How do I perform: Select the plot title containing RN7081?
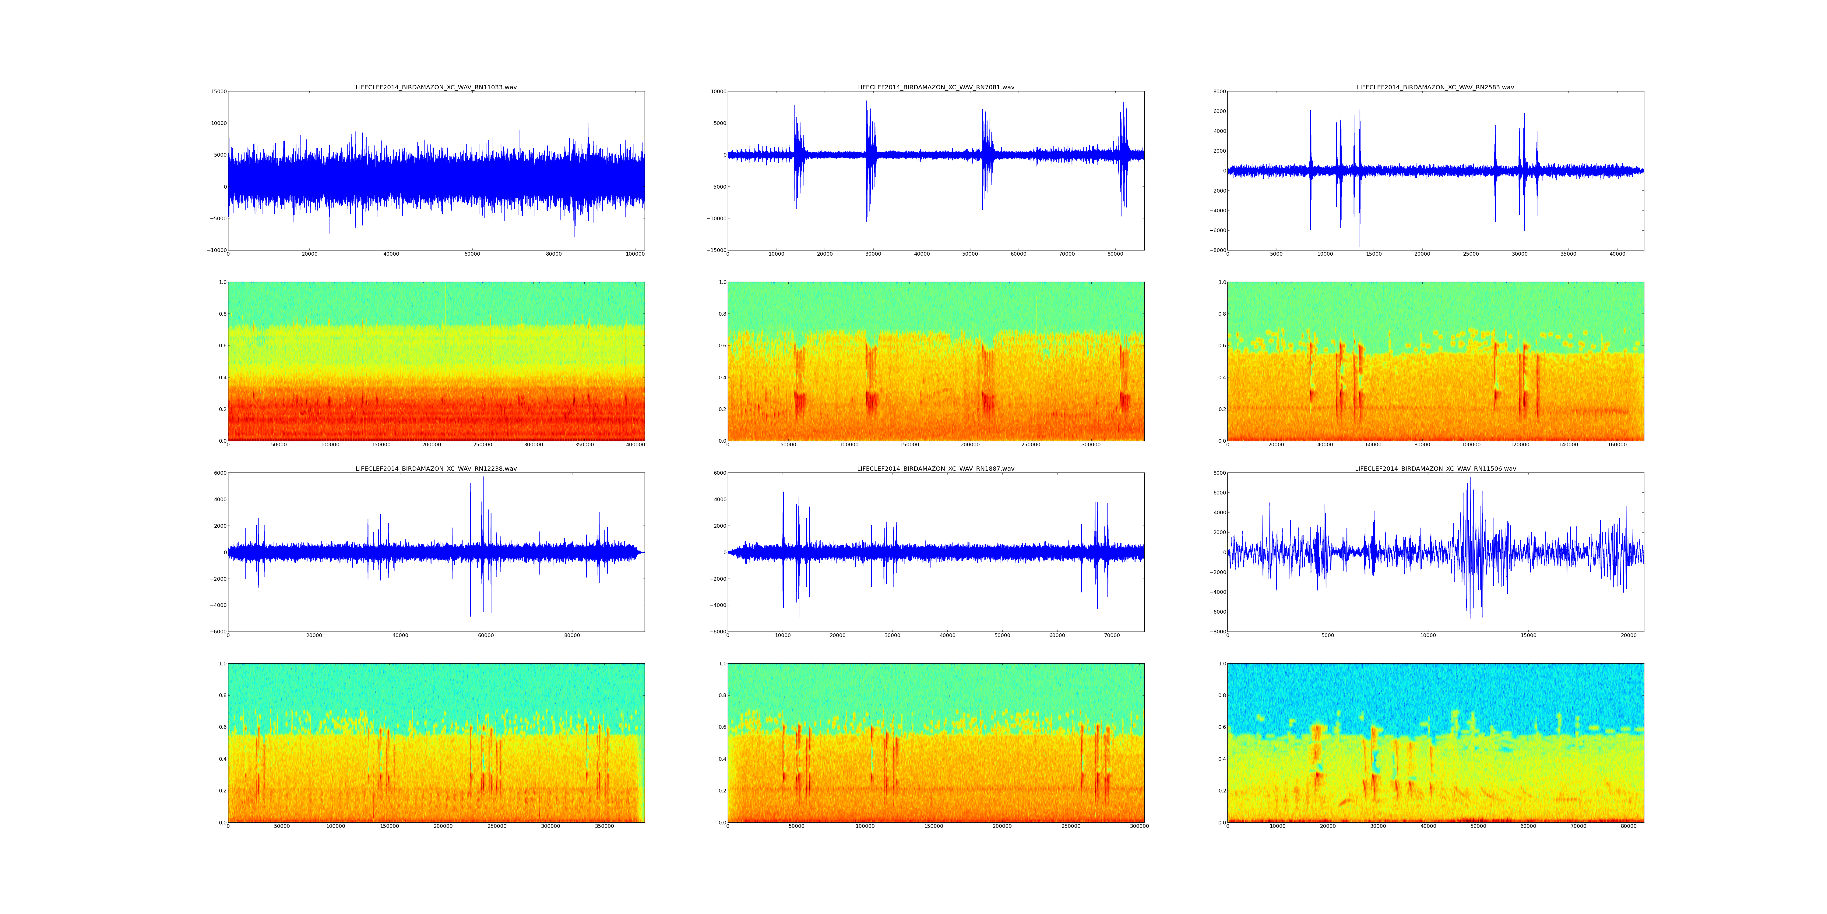tap(935, 87)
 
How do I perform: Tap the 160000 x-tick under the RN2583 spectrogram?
tap(1617, 445)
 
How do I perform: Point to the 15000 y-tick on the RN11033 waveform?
tap(217, 91)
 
